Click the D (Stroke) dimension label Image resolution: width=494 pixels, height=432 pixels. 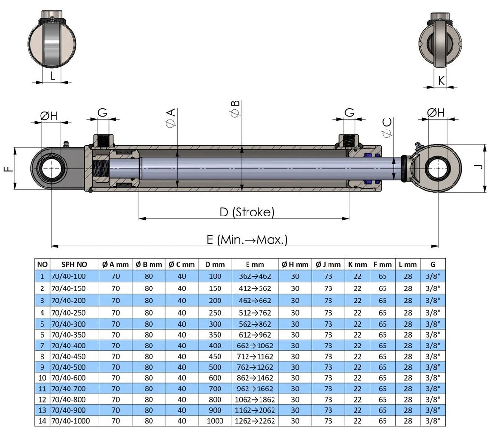pyautogui.click(x=247, y=212)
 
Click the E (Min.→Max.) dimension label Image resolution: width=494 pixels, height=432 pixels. pyautogui.click(x=247, y=239)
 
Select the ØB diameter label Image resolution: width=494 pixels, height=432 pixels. pyautogui.click(x=235, y=109)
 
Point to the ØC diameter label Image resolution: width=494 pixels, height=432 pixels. pyautogui.click(x=387, y=127)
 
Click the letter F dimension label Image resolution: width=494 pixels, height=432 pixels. pyautogui.click(x=7, y=169)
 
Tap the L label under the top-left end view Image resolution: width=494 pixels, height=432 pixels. pyautogui.click(x=52, y=75)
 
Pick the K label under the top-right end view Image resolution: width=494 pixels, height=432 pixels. pyautogui.click(x=441, y=81)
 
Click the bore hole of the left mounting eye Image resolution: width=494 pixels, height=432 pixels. pyautogui.click(x=51, y=169)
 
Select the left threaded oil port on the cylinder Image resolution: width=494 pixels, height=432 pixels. pyautogui.click(x=103, y=141)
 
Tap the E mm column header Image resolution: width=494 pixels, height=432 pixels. pyautogui.click(x=255, y=264)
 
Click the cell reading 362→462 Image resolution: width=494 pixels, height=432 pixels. pyautogui.click(x=255, y=276)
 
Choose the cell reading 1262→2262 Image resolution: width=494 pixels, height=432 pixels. pyautogui.click(x=255, y=421)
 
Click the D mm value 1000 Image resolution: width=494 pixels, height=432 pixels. pyautogui.click(x=215, y=421)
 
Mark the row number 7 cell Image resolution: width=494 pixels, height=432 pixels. pyautogui.click(x=42, y=346)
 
